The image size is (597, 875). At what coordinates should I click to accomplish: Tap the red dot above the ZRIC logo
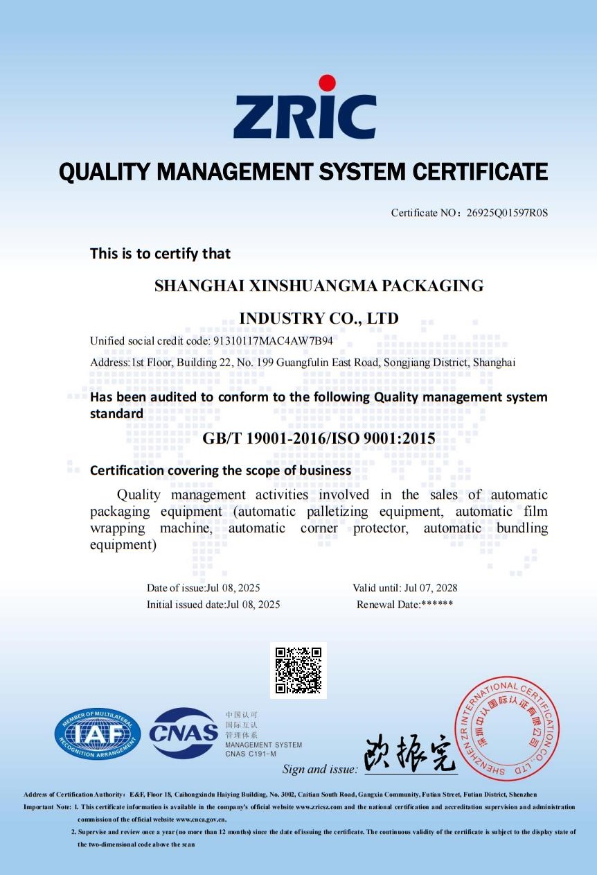[x=327, y=83]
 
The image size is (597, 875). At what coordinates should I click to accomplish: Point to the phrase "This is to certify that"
[x=160, y=254]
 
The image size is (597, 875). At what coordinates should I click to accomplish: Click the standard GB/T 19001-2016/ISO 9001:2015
[x=319, y=438]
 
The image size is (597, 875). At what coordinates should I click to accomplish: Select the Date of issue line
[x=203, y=588]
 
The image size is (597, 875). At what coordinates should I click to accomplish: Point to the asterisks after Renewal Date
[x=437, y=605]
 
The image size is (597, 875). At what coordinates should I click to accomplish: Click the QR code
[x=298, y=670]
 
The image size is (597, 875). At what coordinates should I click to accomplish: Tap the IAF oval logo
[x=98, y=734]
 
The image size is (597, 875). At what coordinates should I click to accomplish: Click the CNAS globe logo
[x=184, y=733]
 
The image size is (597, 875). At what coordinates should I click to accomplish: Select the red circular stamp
[x=506, y=728]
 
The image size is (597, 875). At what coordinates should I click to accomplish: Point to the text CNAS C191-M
[x=251, y=754]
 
